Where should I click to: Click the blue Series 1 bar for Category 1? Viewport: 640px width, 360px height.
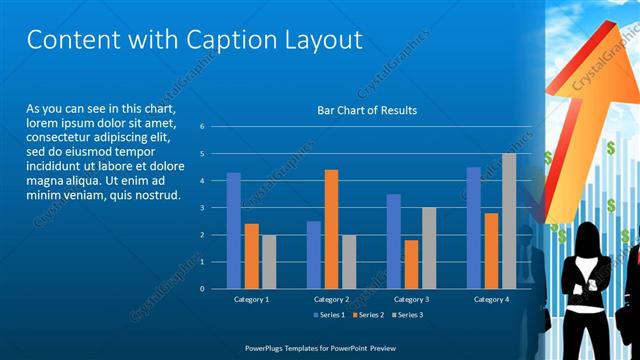pos(233,230)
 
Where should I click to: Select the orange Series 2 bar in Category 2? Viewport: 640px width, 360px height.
pos(331,229)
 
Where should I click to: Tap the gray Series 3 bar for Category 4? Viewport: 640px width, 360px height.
pos(509,221)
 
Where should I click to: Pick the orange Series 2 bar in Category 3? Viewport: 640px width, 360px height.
pos(411,264)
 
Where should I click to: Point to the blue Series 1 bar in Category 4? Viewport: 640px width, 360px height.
pos(473,228)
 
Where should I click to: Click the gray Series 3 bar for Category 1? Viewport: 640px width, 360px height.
pos(269,261)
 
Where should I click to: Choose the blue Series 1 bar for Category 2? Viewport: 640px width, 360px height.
pos(313,255)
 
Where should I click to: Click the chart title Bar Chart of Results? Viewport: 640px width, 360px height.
pos(367,110)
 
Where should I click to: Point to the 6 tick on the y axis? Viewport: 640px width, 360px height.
pos(202,127)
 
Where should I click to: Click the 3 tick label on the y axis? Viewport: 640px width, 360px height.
pos(202,208)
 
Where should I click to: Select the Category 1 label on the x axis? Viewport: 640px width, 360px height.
pos(251,299)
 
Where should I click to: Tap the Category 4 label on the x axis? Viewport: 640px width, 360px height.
pos(490,299)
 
